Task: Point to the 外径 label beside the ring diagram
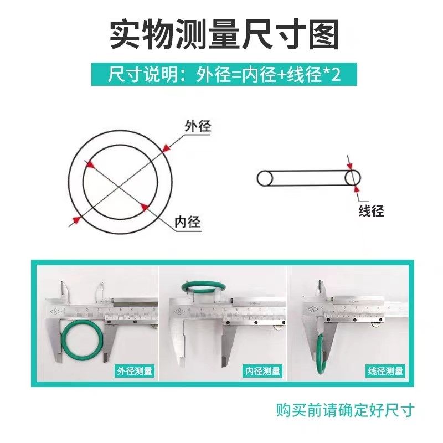point(198,126)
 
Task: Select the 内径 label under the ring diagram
point(187,222)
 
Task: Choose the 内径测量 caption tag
point(262,371)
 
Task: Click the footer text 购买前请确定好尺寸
point(345,410)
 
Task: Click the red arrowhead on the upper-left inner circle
point(90,164)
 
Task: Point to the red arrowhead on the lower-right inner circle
point(145,207)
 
